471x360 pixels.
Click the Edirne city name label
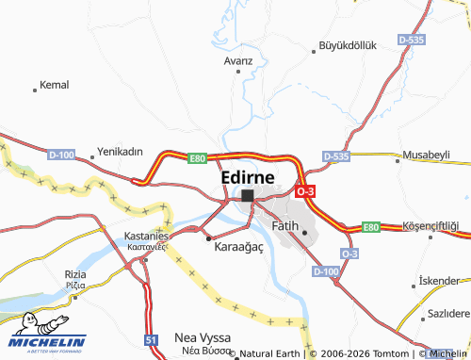point(248,177)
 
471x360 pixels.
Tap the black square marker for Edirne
point(247,196)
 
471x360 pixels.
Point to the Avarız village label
point(239,60)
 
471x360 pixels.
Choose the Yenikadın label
point(120,151)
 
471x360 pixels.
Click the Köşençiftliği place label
point(430,226)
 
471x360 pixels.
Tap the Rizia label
point(75,273)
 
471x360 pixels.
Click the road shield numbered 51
point(152,338)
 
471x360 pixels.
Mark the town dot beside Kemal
point(35,90)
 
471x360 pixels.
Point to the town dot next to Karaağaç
point(208,238)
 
